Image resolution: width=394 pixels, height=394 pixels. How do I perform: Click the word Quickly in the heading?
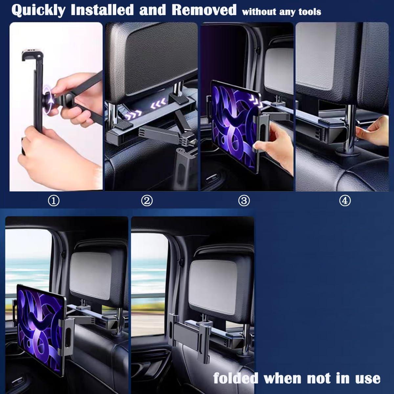38,10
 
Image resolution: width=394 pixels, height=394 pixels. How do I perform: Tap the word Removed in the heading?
204,10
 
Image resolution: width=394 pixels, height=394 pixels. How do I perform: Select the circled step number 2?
147,201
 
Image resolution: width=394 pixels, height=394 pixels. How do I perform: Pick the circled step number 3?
244,201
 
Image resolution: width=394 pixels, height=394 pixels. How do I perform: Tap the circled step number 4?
345,201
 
